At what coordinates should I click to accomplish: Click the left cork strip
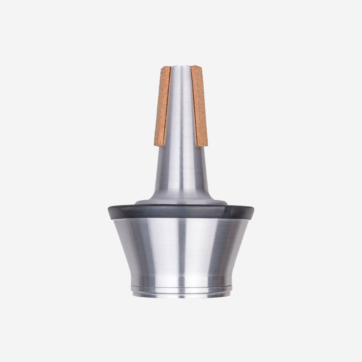tap(162, 106)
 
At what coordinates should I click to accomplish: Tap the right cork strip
tap(199, 106)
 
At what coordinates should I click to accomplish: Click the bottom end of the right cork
tap(203, 146)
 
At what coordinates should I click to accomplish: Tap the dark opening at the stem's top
tap(181, 65)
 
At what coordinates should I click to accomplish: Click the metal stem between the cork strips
tap(181, 106)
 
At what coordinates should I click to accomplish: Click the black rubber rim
tap(169, 211)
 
